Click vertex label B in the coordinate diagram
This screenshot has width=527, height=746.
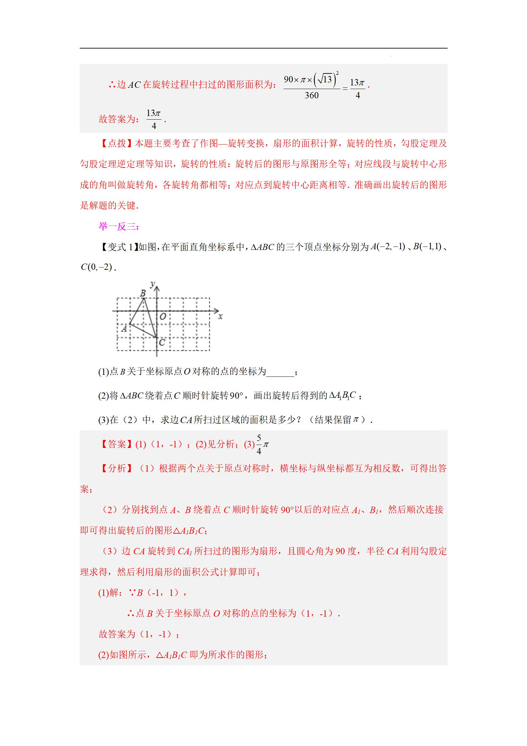pyautogui.click(x=143, y=293)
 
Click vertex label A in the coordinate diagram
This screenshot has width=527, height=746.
pyautogui.click(x=124, y=329)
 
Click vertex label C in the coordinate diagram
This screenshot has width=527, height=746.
pyautogui.click(x=162, y=342)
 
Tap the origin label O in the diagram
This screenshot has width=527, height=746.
pyautogui.click(x=162, y=317)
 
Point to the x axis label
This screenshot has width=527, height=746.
pyautogui.click(x=220, y=317)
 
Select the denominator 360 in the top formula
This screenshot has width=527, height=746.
pyautogui.click(x=311, y=96)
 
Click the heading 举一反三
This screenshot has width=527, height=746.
pyautogui.click(x=119, y=227)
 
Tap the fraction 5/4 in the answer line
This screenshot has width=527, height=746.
pyautogui.click(x=259, y=444)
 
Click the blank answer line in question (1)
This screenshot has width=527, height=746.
pyautogui.click(x=280, y=372)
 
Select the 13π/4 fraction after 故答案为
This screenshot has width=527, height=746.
pyautogui.click(x=154, y=119)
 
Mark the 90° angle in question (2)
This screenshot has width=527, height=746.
pyautogui.click(x=236, y=396)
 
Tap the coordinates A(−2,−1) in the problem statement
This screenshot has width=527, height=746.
pyautogui.click(x=388, y=247)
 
